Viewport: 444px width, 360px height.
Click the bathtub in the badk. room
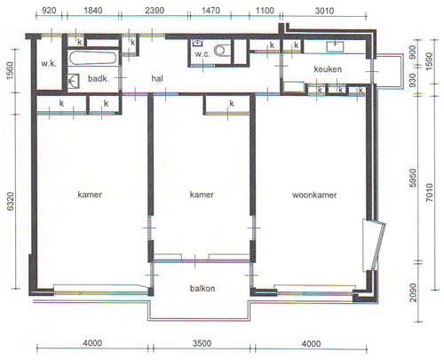click(x=93, y=58)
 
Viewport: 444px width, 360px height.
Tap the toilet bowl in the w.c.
click(x=222, y=50)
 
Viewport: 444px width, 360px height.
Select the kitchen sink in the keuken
click(x=335, y=47)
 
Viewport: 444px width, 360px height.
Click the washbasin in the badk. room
click(x=74, y=81)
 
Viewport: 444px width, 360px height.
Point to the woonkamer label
click(x=314, y=195)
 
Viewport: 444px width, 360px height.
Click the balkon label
click(x=202, y=288)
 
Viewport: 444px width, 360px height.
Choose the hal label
click(x=157, y=78)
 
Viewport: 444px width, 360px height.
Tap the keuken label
click(x=328, y=69)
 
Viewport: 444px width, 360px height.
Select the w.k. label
click(x=49, y=63)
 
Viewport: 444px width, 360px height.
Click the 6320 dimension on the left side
click(x=11, y=202)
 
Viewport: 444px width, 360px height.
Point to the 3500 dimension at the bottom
click(x=202, y=343)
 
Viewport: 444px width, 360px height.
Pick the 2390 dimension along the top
click(x=155, y=11)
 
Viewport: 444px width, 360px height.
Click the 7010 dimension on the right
click(x=430, y=193)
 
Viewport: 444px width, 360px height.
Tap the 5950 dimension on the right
click(x=413, y=179)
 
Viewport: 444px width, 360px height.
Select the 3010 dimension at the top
click(x=324, y=11)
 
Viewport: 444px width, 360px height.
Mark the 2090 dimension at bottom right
click(x=413, y=292)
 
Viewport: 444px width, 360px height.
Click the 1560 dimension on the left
click(x=11, y=70)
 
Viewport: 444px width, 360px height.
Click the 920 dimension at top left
click(x=49, y=11)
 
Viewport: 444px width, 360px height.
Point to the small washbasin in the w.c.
click(x=197, y=43)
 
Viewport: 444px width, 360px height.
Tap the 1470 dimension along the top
click(x=210, y=11)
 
